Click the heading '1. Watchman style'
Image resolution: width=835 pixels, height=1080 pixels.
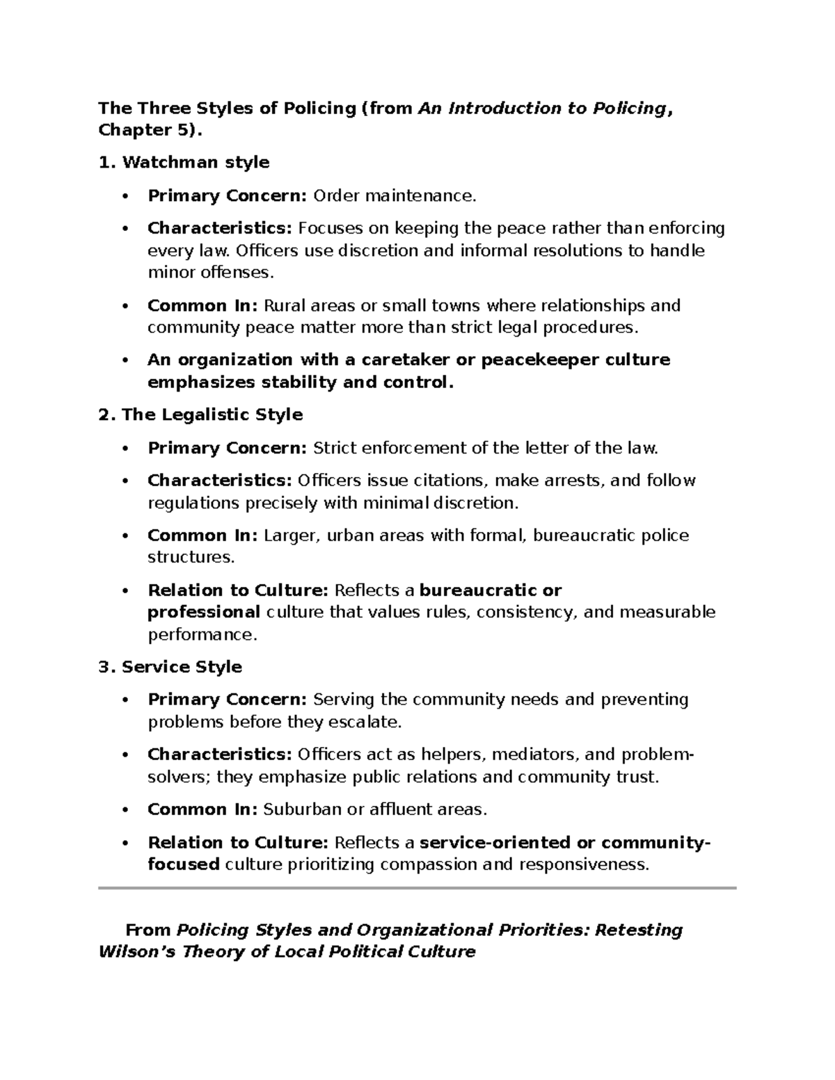[184, 163]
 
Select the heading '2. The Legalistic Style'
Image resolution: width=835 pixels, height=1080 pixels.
[200, 415]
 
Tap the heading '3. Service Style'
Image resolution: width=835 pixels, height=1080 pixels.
[170, 667]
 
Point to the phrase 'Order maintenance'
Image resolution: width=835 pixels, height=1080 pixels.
[394, 196]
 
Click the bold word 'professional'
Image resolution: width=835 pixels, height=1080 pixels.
[203, 613]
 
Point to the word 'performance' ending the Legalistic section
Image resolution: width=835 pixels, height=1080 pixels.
[201, 635]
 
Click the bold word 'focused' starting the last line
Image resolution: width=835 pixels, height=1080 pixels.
[184, 865]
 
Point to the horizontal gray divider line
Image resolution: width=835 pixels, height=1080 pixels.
[417, 888]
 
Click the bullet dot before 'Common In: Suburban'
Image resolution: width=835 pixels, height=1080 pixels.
[125, 810]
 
